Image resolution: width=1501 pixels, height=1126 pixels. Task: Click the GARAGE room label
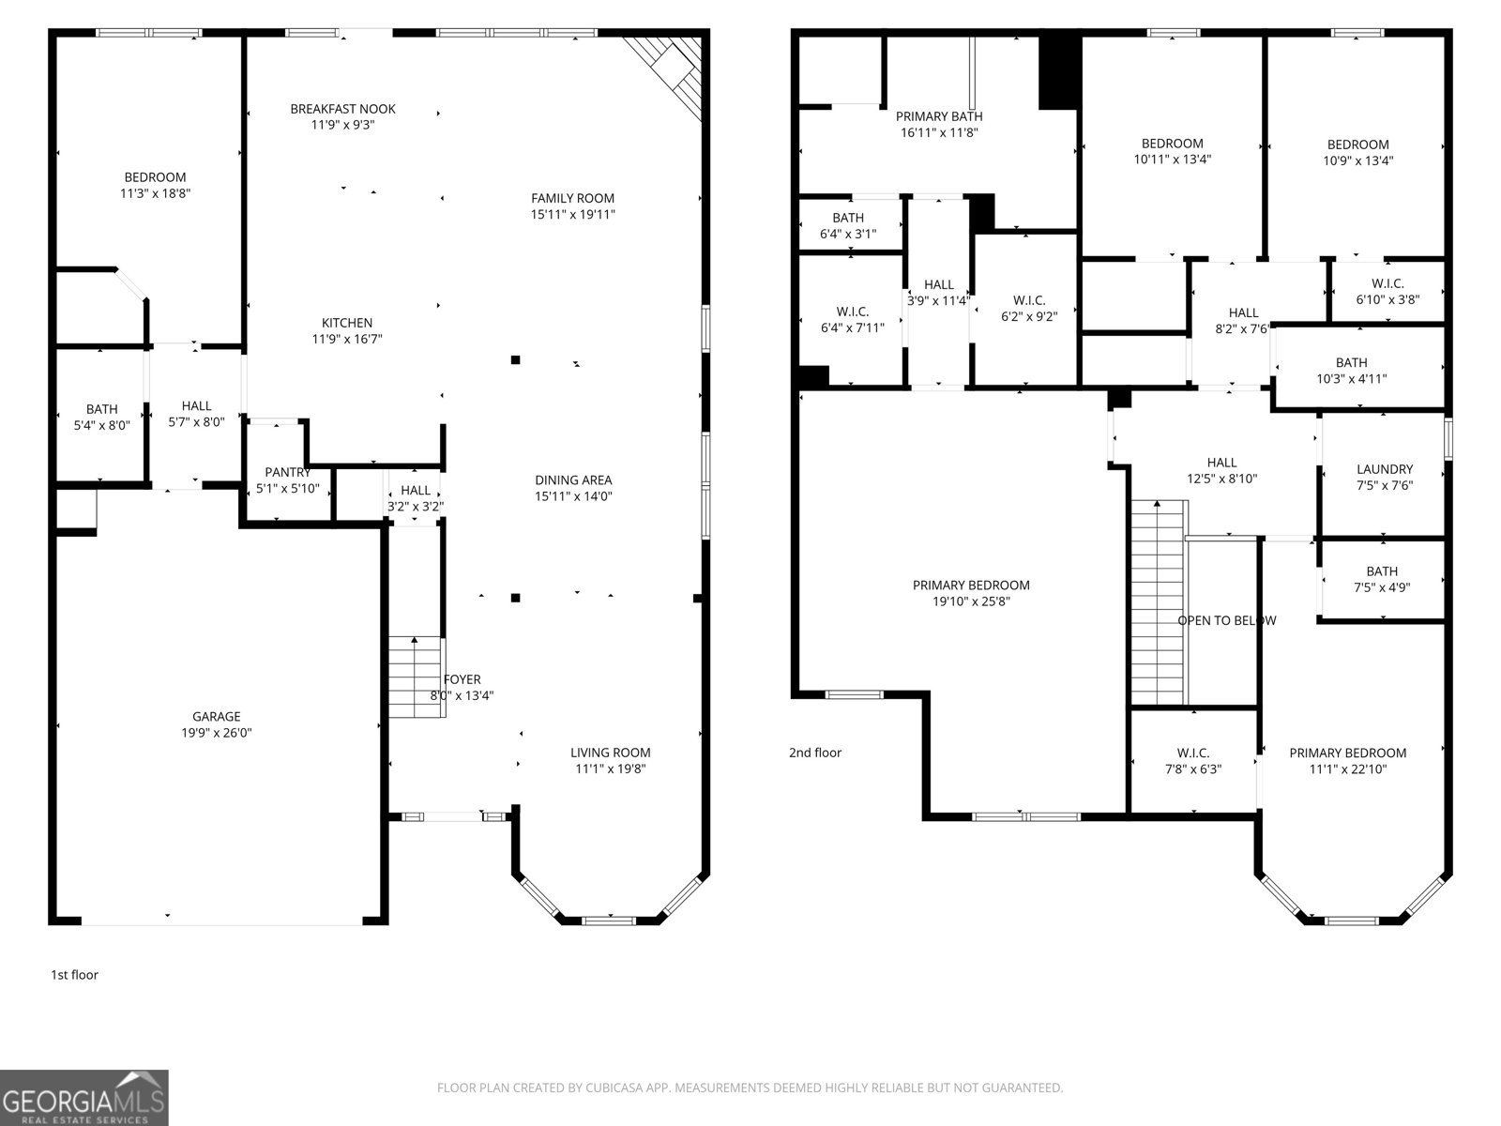pos(216,717)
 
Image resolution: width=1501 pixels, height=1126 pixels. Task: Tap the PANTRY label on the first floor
pos(288,472)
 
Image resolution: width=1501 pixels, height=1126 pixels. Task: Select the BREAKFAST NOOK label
pos(342,109)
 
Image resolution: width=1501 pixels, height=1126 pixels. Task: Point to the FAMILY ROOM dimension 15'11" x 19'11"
pos(572,215)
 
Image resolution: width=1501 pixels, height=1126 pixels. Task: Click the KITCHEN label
pos(347,323)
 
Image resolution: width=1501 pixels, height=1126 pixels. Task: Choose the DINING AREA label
pos(573,479)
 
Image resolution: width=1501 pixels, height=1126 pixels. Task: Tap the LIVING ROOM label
pos(610,753)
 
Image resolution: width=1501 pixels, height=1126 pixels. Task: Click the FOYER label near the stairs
pos(462,679)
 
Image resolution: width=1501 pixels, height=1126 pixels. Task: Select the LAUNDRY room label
pos(1384,470)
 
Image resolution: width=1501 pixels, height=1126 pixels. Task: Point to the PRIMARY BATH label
pos(939,117)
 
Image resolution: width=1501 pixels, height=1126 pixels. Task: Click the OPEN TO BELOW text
pos(1227,621)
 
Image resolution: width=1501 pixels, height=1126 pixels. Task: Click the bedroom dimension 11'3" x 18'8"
pos(155,193)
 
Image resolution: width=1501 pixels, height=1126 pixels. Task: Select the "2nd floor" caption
pos(815,753)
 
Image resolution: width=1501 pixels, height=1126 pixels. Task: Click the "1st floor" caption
pos(74,975)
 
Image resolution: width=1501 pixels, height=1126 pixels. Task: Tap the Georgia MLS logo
pos(84,1098)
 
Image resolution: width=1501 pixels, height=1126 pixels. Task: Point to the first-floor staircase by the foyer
pos(417,677)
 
